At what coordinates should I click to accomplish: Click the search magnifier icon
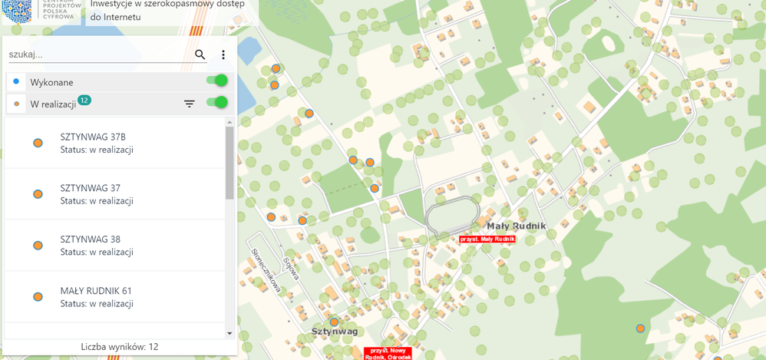[200, 54]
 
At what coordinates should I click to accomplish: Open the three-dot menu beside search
[223, 54]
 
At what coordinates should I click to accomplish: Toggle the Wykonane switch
[218, 81]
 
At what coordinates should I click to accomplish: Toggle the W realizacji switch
[218, 103]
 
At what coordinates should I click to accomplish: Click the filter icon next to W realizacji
[190, 104]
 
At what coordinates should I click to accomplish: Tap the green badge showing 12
[84, 100]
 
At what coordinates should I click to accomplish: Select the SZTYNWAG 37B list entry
[115, 143]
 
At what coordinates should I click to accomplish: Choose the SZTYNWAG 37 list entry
[115, 194]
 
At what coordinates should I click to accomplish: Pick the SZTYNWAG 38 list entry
[115, 245]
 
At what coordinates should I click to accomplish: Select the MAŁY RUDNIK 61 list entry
[115, 296]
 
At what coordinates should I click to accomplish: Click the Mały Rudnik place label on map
[516, 226]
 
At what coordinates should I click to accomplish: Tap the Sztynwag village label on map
[335, 332]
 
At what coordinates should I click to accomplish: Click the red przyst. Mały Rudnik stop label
[487, 239]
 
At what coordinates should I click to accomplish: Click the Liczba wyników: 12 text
[120, 347]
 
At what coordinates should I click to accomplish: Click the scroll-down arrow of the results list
[229, 333]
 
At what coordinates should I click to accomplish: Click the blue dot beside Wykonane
[16, 81]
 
